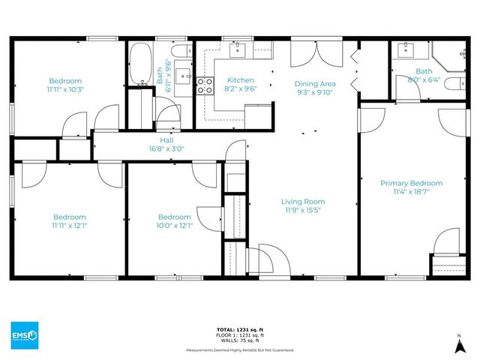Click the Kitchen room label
point(241,80)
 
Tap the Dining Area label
point(315,84)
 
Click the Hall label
point(167,139)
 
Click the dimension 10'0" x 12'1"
point(174,225)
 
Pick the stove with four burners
point(205,85)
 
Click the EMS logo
point(25,334)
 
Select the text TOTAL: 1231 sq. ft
point(240,329)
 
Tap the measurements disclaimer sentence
point(240,349)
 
